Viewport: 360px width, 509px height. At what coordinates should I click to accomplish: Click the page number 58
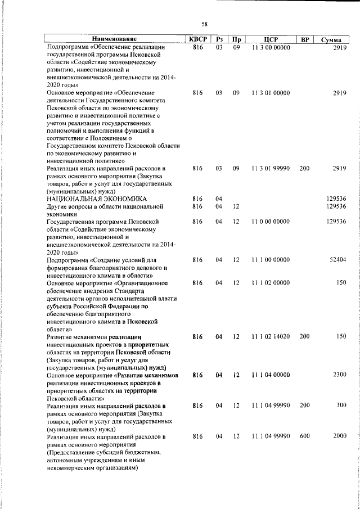click(x=205, y=23)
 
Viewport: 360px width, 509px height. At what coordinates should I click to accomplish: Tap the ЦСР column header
click(x=271, y=39)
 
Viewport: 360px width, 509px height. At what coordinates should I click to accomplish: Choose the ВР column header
click(x=304, y=39)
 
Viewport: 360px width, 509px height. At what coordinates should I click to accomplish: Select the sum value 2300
click(x=339, y=374)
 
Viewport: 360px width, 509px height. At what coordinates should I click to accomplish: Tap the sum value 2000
click(x=339, y=436)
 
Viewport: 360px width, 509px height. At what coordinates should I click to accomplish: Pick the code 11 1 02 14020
click(x=271, y=336)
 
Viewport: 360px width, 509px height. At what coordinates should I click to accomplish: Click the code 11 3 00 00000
click(x=271, y=48)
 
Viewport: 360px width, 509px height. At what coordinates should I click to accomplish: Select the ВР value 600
click(x=304, y=436)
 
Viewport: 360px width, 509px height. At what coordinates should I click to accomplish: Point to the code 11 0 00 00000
click(x=271, y=222)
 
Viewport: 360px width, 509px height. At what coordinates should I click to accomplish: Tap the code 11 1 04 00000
click(x=271, y=374)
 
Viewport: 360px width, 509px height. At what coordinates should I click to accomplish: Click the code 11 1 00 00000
click(x=271, y=260)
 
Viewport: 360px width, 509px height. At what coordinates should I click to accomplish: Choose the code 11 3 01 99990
click(x=271, y=168)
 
